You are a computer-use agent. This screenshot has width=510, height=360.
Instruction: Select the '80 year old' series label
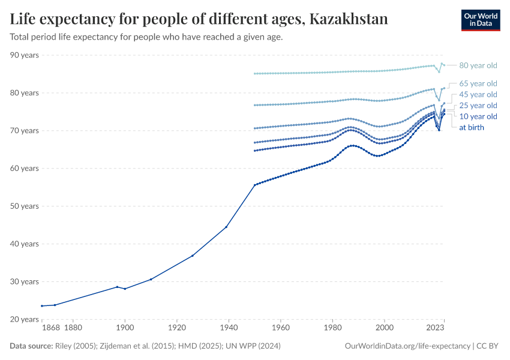pos(478,65)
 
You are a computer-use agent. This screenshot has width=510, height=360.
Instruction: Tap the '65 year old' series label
pos(478,83)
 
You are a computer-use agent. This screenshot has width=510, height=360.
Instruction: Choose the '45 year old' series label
pos(478,94)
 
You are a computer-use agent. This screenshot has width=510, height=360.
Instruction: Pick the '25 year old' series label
pos(478,106)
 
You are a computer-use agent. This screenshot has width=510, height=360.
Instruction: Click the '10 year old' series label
pos(478,116)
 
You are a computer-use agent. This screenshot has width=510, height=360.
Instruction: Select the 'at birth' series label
pos(471,127)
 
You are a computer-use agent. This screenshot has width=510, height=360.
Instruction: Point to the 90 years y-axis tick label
pos(25,55)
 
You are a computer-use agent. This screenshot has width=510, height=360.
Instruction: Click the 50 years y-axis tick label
pos(25,206)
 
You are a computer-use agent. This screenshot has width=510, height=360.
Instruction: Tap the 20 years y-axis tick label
pos(25,319)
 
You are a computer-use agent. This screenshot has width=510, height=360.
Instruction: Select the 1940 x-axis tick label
pos(229,328)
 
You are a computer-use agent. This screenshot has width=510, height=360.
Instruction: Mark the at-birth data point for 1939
pos(226,227)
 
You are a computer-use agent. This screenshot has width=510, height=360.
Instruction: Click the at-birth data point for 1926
pos(193,256)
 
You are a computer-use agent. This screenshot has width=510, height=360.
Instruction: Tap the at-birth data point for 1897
pos(117,287)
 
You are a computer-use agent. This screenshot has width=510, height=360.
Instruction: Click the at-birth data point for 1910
pos(151,279)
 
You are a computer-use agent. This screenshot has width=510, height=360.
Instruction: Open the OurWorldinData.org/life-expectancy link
pos(408,346)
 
